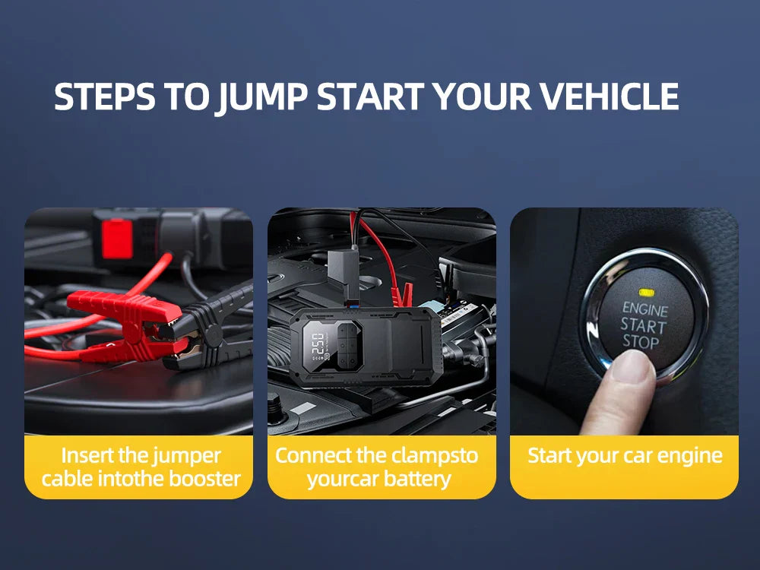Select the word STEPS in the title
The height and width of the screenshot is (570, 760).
coord(103,97)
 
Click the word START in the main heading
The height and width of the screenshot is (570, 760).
coord(370,97)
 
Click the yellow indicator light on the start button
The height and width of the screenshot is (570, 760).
coord(647,292)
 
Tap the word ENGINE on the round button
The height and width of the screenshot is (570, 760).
coord(644,309)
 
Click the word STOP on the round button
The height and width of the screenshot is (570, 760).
coord(641,341)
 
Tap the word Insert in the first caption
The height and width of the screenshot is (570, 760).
coord(86,455)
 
